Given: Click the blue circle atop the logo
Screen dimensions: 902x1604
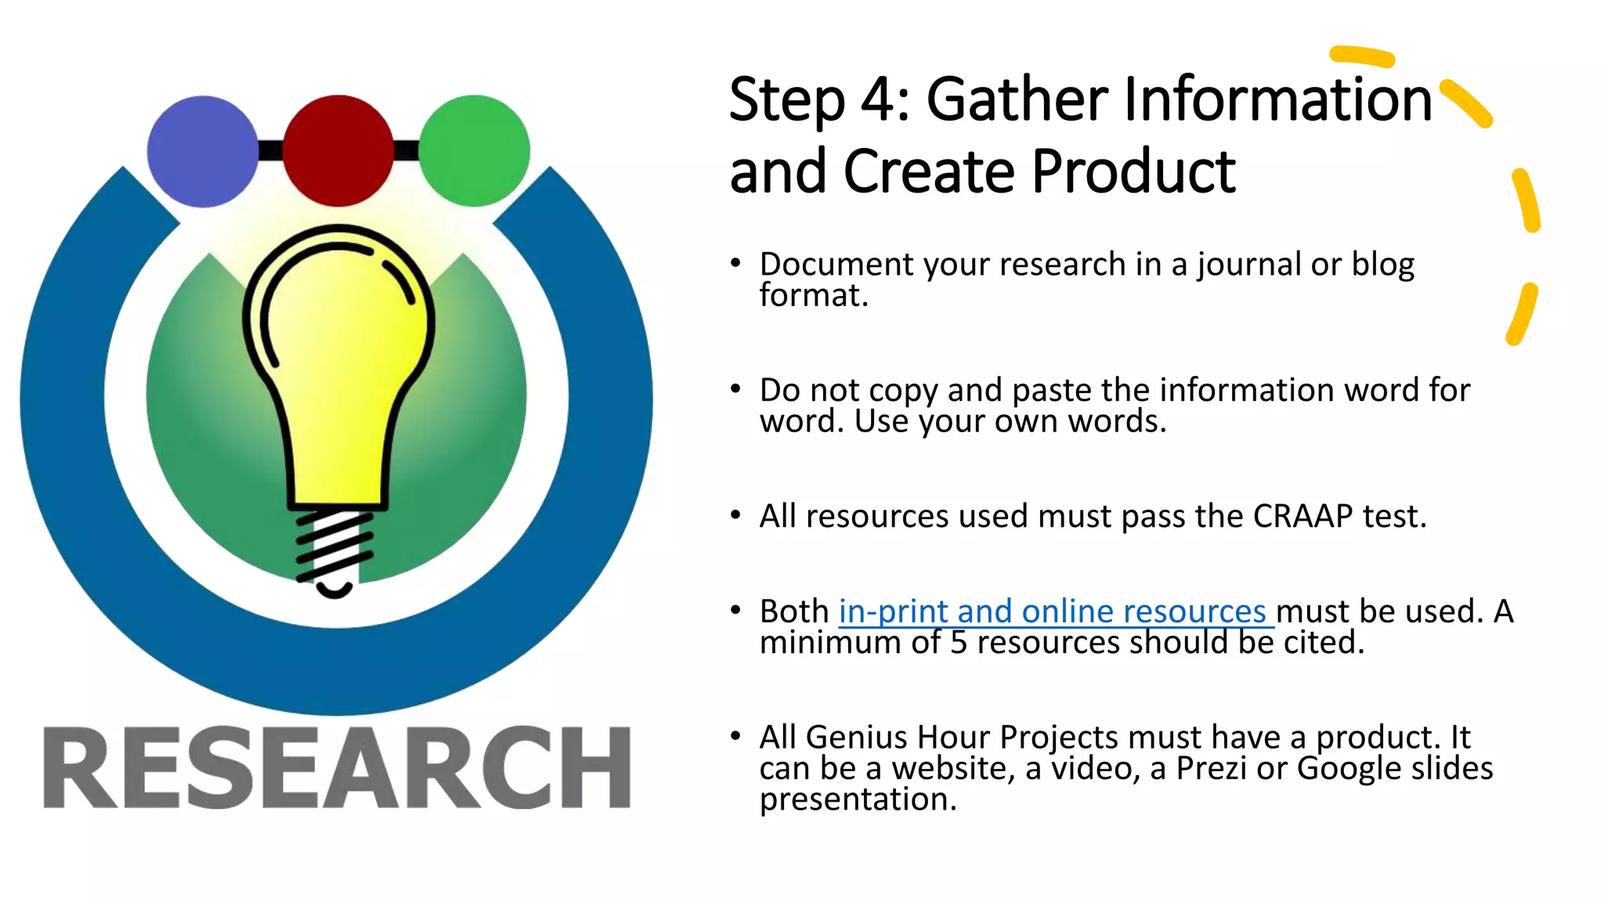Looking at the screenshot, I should click(x=202, y=151).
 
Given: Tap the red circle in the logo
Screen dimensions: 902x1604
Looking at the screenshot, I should click(x=338, y=150).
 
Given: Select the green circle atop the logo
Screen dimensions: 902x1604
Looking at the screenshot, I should click(x=474, y=150).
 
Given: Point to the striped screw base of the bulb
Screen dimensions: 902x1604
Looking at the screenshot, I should click(x=334, y=547).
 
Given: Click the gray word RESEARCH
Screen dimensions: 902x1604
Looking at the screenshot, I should click(x=337, y=767).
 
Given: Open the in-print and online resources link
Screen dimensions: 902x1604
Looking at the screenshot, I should click(x=1053, y=612).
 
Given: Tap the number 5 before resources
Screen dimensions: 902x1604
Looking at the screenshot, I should click(x=959, y=643).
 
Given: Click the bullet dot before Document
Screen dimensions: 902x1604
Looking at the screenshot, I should click(x=735, y=263).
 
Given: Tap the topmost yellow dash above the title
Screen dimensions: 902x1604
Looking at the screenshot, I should click(x=1363, y=56).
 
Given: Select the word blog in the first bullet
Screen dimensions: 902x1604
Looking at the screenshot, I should click(x=1383, y=265).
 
